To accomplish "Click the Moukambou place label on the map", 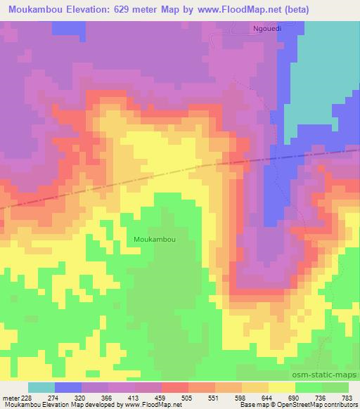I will [154, 239].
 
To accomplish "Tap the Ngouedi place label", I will [267, 29].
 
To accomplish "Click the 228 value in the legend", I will [26, 398].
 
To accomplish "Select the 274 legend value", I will [53, 398].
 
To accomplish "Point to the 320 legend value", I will [82, 398].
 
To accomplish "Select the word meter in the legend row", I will [11, 398].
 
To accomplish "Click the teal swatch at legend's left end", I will [41, 387].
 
